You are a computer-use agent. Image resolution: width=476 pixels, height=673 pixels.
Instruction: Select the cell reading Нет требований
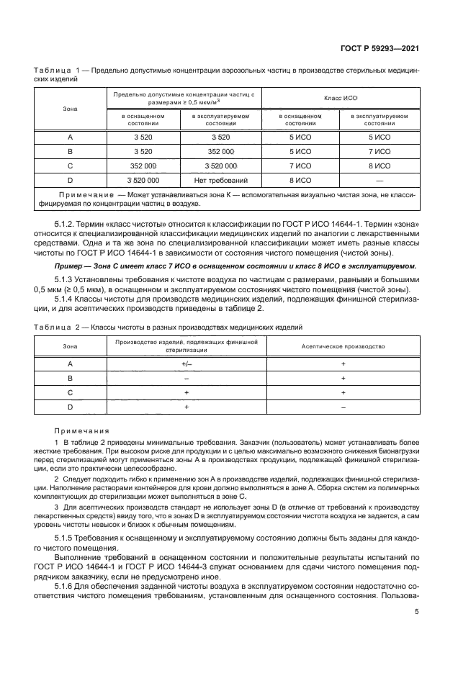tap(221, 179)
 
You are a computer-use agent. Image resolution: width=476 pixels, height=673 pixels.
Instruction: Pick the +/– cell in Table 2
tap(187, 364)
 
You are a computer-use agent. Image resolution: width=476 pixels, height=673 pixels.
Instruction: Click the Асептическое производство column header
tap(343, 346)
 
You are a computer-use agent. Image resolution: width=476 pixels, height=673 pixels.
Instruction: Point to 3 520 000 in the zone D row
tap(143, 179)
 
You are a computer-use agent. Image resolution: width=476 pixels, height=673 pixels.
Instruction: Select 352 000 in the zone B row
tap(221, 151)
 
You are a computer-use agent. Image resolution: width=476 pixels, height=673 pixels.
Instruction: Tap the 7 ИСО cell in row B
tap(380, 151)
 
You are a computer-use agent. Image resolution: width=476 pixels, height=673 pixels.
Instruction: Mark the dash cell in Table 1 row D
tap(380, 179)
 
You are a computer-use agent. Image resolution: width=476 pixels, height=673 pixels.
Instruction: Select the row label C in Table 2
tap(71, 393)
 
